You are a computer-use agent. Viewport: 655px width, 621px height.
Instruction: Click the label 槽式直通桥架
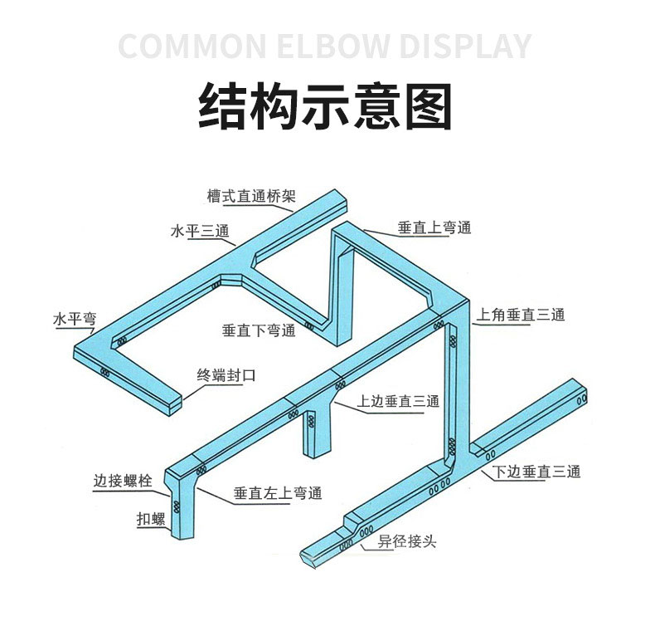[x=251, y=196]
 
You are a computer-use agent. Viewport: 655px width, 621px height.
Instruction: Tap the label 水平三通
[x=200, y=231]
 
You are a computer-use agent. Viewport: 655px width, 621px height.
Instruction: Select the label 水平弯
[x=75, y=319]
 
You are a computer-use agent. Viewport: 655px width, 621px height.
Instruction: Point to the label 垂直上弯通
[x=434, y=228]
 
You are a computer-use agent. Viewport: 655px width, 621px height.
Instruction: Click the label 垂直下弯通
[x=259, y=330]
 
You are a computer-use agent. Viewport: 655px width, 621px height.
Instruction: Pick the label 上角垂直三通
[x=521, y=315]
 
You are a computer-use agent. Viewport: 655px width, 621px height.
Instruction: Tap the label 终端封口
[x=226, y=375]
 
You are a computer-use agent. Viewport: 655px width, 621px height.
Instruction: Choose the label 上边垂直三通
[x=398, y=401]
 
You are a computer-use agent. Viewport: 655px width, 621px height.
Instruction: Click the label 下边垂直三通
[x=536, y=472]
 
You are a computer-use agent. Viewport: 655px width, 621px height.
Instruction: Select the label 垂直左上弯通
[x=278, y=493]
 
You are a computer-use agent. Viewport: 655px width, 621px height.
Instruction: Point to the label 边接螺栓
[x=123, y=481]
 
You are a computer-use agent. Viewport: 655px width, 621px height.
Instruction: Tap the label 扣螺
[x=151, y=519]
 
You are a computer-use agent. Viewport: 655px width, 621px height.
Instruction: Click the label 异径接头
[x=407, y=541]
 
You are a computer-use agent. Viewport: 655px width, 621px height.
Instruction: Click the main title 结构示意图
[x=325, y=105]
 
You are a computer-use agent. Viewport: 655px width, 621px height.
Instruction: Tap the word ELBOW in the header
[x=334, y=46]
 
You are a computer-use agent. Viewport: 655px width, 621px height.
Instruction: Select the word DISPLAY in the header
[x=465, y=46]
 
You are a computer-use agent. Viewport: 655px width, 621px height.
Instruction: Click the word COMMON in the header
[x=192, y=46]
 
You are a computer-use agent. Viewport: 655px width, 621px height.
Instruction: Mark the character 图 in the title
[x=429, y=105]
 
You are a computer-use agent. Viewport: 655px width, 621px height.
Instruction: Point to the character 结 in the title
[x=221, y=105]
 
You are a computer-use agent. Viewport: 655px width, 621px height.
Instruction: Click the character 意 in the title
[x=376, y=105]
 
